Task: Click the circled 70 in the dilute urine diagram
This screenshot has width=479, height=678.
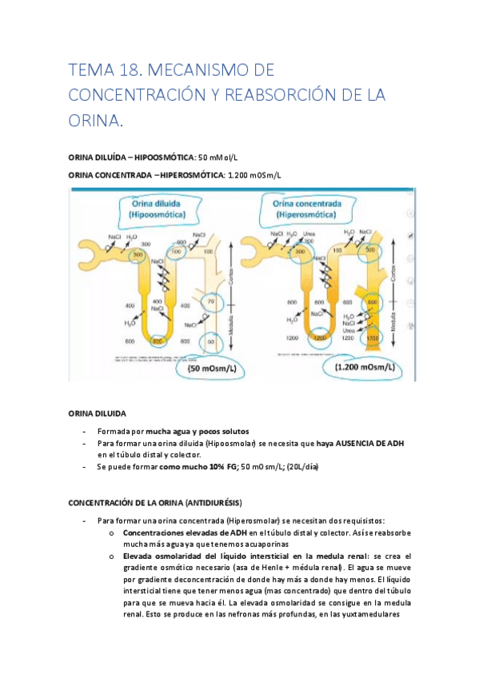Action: click(x=210, y=301)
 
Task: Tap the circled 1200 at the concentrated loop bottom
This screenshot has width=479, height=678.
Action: click(x=321, y=338)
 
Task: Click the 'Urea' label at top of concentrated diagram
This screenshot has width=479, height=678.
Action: click(x=309, y=234)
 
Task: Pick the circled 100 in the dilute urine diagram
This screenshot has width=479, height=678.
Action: click(x=178, y=250)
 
